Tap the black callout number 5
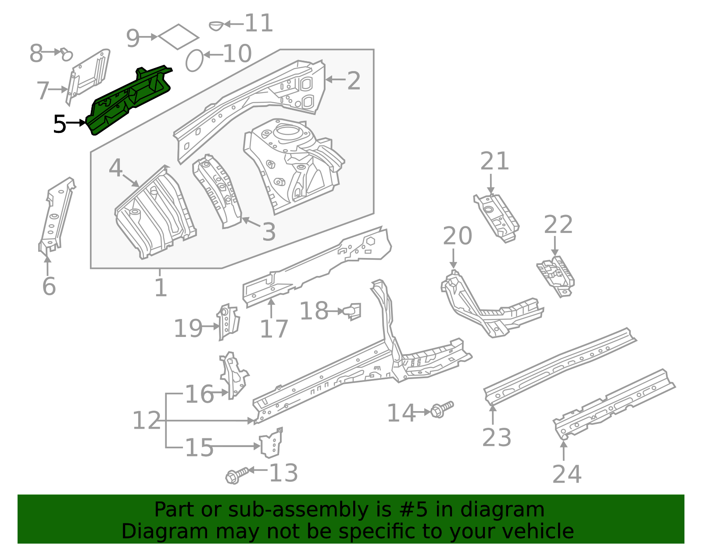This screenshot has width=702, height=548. click(x=59, y=125)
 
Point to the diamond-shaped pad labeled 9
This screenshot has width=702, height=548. click(x=178, y=36)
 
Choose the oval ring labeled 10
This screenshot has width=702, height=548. click(x=194, y=61)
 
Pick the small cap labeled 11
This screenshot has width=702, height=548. click(x=216, y=25)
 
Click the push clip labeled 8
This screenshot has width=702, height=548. click(x=66, y=54)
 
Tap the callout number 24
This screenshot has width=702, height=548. click(x=567, y=474)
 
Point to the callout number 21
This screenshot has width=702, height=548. click(x=494, y=161)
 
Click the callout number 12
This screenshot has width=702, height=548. click(x=147, y=420)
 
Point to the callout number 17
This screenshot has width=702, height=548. click(x=274, y=329)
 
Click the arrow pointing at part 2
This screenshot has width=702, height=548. click(x=336, y=79)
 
